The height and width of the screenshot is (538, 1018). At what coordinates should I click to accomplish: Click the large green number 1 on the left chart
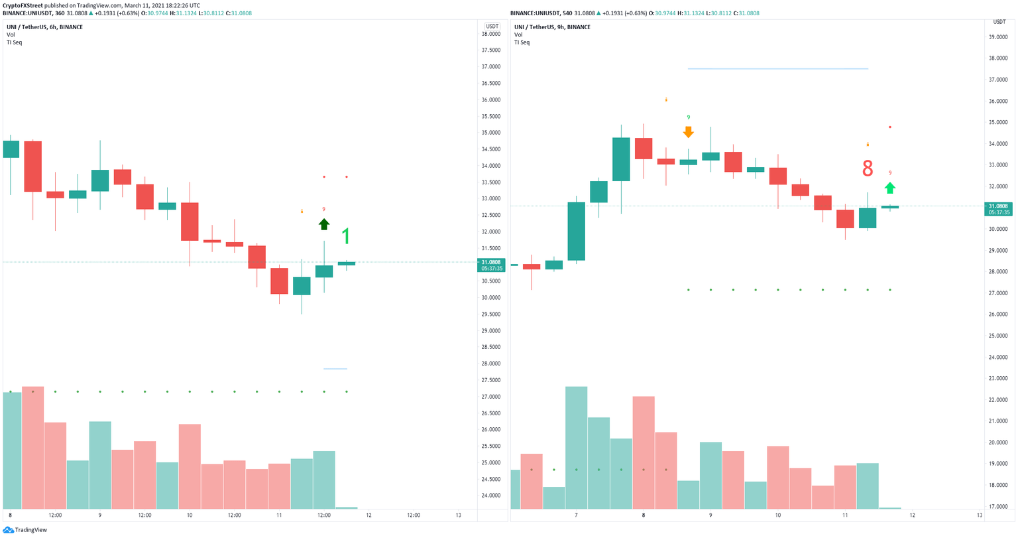click(x=345, y=237)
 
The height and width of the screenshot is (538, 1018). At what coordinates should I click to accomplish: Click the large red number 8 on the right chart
click(x=868, y=169)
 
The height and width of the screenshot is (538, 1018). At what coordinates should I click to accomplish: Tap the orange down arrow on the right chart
click(x=689, y=132)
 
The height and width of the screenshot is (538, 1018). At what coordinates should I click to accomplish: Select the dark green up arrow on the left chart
click(x=323, y=224)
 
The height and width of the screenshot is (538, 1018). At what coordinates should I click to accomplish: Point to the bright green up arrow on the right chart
click(x=890, y=188)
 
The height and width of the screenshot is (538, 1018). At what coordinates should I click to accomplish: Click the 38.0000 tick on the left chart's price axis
click(x=490, y=34)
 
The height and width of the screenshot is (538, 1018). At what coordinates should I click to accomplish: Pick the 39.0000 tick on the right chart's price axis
click(x=997, y=37)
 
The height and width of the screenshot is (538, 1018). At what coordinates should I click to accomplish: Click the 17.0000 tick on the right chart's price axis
click(x=997, y=506)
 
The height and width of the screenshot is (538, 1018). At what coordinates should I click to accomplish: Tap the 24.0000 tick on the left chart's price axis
click(x=490, y=496)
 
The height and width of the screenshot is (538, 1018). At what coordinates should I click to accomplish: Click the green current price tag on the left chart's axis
click(x=491, y=265)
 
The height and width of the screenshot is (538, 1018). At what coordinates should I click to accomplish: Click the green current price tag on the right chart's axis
click(x=999, y=209)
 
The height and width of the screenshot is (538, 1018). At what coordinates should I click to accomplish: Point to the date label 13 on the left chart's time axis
click(x=459, y=515)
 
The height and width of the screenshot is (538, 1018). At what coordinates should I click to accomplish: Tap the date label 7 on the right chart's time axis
click(x=576, y=515)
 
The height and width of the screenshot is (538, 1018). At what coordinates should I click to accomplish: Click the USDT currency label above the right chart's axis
click(x=999, y=22)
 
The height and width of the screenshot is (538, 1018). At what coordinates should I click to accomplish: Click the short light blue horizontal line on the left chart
click(x=335, y=369)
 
